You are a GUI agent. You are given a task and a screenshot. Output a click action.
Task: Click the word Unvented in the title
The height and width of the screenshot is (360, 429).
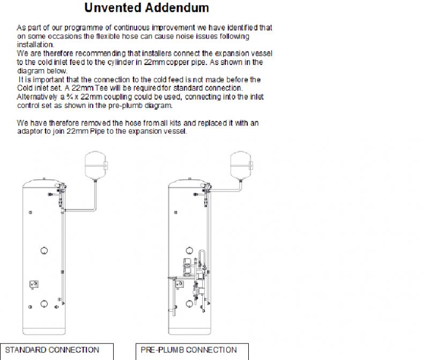pyautogui.click(x=113, y=8)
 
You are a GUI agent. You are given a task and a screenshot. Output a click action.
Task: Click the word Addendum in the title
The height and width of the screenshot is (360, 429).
pyautogui.click(x=177, y=8)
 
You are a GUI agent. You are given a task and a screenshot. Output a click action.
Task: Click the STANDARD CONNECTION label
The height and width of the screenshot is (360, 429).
pyautogui.click(x=52, y=350)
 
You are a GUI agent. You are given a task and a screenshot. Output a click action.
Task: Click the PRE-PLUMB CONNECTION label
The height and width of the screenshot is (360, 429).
pyautogui.click(x=189, y=350)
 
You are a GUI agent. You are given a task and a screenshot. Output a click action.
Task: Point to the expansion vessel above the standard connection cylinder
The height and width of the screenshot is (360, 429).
pyautogui.click(x=95, y=165)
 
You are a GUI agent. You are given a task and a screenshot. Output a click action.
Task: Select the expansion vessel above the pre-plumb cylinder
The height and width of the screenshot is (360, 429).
pyautogui.click(x=241, y=165)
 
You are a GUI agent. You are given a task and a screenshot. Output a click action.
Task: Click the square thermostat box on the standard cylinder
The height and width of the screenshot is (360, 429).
pyautogui.click(x=34, y=284)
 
